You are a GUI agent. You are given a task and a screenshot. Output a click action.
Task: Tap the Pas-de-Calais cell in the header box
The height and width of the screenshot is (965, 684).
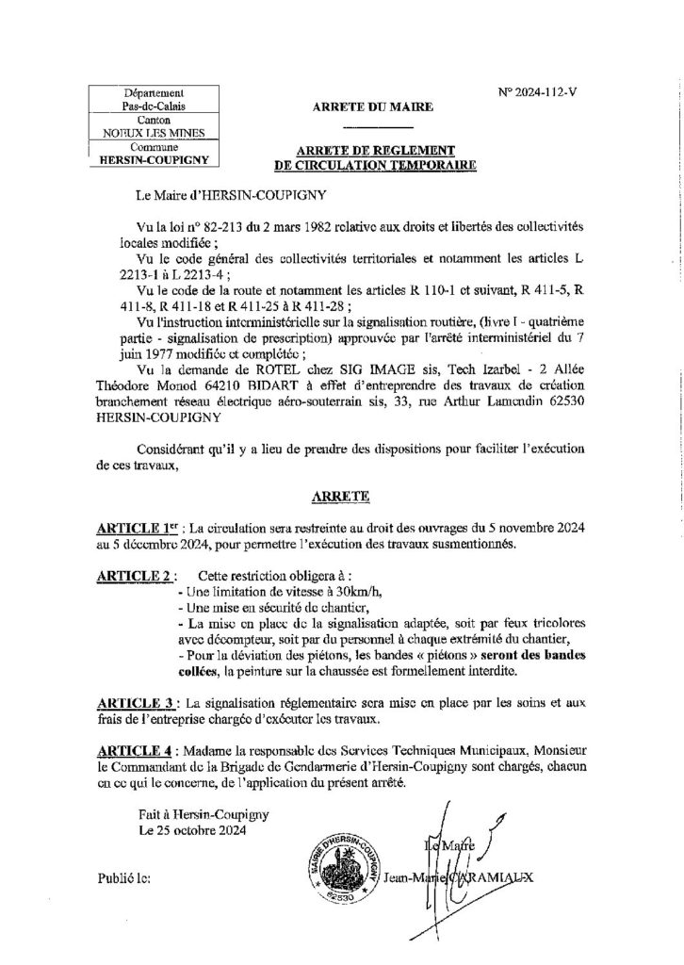coord(154,108)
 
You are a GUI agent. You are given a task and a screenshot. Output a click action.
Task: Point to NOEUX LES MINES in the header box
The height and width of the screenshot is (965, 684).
coord(154,135)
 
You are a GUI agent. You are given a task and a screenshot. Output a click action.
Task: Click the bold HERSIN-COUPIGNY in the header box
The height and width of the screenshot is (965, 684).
coord(154,160)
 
